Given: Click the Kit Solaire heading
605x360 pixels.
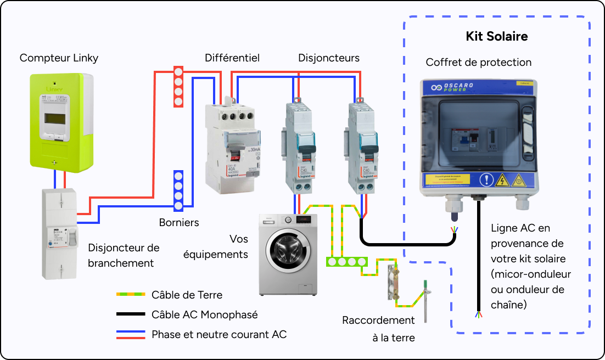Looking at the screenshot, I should [496, 37].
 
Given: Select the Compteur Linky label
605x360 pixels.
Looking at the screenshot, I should [59, 58].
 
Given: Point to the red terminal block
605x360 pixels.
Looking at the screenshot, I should [178, 87].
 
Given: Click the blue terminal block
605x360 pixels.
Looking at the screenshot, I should [178, 190].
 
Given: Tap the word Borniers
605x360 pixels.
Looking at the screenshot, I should [179, 223].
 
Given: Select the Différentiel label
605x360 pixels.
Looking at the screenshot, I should [232, 58].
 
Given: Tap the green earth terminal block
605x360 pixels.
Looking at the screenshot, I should [346, 261].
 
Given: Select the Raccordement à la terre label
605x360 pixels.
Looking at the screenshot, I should [378, 329].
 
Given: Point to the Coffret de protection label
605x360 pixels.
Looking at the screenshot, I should [478, 63].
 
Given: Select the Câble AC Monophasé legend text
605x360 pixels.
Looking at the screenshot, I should [204, 314].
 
